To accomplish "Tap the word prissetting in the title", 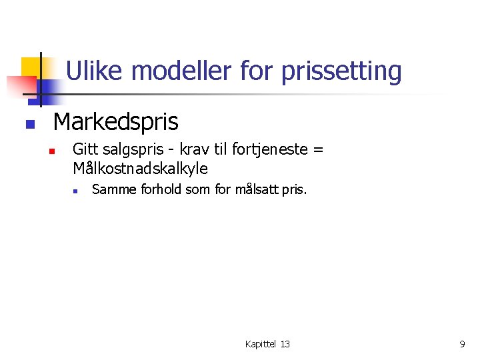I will (341, 71).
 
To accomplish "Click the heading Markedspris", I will (115, 122).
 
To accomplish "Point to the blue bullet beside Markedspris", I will (29, 124).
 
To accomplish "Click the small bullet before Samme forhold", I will (76, 191).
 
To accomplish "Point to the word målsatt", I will (256, 190).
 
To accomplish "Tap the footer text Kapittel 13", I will (267, 344).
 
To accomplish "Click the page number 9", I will (462, 344).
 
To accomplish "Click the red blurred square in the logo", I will (21, 86).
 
